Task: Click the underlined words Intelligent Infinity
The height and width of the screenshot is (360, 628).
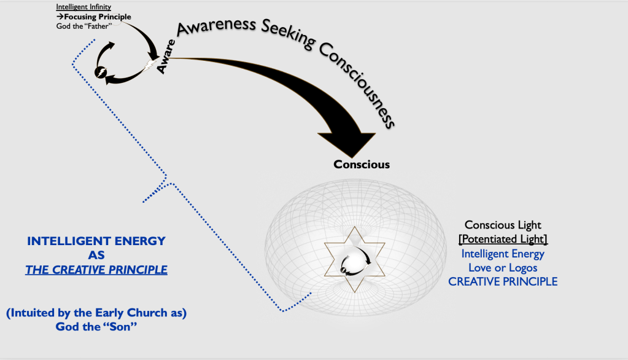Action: [x=83, y=7]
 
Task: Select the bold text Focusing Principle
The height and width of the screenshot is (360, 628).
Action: [x=97, y=17]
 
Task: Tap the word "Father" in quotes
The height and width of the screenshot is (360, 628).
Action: [x=107, y=26]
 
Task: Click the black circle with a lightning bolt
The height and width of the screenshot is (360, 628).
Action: [x=100, y=72]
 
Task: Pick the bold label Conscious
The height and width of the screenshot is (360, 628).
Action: [x=362, y=165]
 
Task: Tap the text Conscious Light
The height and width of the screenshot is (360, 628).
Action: [x=502, y=225]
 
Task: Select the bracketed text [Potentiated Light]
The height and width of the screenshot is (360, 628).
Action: [x=502, y=238]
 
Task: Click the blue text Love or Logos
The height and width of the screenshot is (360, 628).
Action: [x=503, y=267]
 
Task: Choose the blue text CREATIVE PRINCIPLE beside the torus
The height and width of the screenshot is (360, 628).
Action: [x=503, y=281]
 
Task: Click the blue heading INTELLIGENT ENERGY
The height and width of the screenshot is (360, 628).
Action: [x=96, y=241]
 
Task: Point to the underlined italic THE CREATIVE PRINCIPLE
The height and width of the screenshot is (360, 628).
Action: [x=96, y=270]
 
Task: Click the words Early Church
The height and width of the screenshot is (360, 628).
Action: [x=121, y=313]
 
